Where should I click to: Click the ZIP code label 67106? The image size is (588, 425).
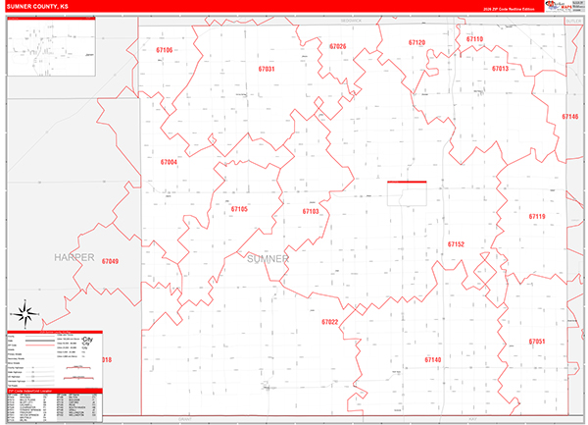pos(164,50)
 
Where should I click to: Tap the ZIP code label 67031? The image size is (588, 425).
pos(267,70)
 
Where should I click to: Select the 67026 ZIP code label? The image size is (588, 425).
pos(338,47)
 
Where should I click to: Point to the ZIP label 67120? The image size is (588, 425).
pos(416,43)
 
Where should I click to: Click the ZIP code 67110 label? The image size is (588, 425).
pos(474,39)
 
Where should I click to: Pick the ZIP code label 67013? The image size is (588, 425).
pos(500,69)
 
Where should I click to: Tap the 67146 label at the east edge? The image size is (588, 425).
pos(570,116)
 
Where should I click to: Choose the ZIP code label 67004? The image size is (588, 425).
pos(169,162)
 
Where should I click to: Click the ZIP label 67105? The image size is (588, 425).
pos(239,209)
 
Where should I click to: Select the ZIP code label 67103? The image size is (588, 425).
pos(311,211)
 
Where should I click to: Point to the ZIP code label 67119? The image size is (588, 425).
pos(536,216)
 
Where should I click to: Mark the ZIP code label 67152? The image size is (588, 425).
pos(456,243)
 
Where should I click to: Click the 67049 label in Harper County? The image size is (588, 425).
pos(110,261)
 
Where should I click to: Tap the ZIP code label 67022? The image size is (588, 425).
pos(329,322)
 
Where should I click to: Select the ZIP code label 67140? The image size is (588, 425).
pos(433,360)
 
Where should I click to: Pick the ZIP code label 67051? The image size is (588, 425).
pos(536,342)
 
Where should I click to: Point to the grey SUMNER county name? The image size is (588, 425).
pos(268,258)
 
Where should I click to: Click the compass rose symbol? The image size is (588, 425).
pos(27,316)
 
